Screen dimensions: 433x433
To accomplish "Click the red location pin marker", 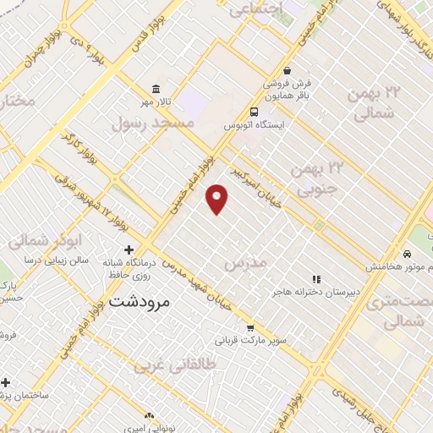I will click(x=217, y=198).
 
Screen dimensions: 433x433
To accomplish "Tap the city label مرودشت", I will click(x=140, y=300).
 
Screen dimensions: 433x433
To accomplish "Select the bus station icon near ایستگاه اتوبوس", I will click(x=254, y=112).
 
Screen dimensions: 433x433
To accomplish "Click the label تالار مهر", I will click(x=156, y=102).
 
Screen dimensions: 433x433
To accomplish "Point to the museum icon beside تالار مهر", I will click(x=155, y=89).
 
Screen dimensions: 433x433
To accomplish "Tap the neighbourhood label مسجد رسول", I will click(x=153, y=123).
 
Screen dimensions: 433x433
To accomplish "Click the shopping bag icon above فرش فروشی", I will click(x=288, y=71).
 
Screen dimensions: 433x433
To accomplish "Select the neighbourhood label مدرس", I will click(x=245, y=264).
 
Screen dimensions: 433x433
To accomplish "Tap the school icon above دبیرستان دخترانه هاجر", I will click(x=316, y=279).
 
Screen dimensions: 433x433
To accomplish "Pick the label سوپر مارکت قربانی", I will click(x=251, y=343).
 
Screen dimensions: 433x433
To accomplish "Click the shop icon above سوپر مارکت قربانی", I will click(x=250, y=328).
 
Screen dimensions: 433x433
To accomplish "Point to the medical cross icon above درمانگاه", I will click(x=129, y=249).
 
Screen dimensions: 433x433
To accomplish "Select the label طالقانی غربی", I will click(x=176, y=365).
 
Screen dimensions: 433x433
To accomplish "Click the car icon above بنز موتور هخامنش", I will click(x=408, y=253).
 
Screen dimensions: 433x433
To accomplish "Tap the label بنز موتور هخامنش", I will click(x=398, y=266).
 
